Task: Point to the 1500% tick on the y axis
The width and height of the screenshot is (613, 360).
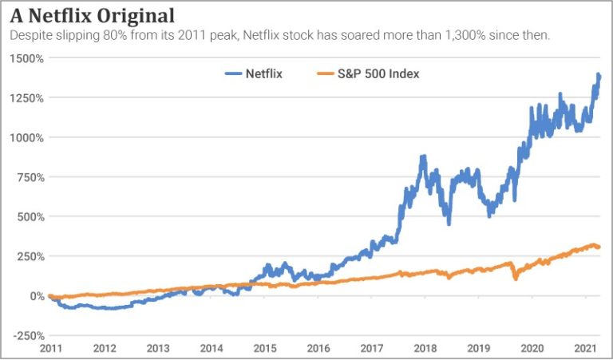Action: [x=27, y=58]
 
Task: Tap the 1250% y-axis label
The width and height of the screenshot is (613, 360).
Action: [x=27, y=97]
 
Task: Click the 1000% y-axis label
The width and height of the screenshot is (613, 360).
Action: [x=27, y=137]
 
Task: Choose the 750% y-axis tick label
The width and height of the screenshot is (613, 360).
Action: [x=30, y=177]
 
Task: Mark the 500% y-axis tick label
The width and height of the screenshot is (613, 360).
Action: [x=30, y=216]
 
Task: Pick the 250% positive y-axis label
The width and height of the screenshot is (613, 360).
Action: [x=30, y=256]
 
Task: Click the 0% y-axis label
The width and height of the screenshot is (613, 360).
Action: [x=35, y=296]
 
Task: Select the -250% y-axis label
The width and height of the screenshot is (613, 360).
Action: [x=28, y=335]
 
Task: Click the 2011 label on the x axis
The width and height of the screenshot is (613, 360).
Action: [x=49, y=349]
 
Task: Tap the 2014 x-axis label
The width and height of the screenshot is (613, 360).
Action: [x=212, y=349]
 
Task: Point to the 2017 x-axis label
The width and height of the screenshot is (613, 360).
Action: [x=372, y=349]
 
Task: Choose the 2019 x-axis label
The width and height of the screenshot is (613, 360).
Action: [x=479, y=349]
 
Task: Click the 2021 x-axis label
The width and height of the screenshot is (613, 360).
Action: [x=586, y=349]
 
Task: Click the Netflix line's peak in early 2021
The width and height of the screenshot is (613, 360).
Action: [x=599, y=74]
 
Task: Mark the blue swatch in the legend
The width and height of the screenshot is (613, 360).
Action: [x=232, y=73]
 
